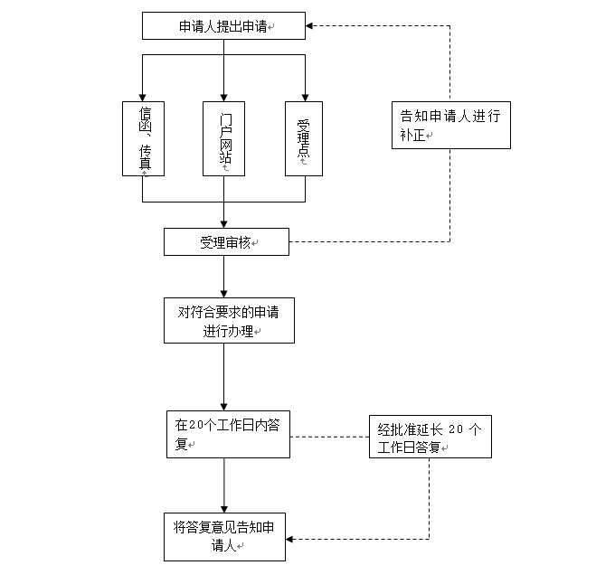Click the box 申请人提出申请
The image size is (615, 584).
(223, 26)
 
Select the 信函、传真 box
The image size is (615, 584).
(143, 138)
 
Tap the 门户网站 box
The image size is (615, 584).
(223, 138)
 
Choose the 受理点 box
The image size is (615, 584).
(303, 138)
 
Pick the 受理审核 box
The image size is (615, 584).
(226, 242)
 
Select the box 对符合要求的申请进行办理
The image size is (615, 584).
(229, 320)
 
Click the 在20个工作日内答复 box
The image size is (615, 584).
(228, 434)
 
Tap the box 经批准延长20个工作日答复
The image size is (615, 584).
(430, 437)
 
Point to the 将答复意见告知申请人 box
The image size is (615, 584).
(224, 536)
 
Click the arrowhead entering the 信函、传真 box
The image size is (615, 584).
(143, 96)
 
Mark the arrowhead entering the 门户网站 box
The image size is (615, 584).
(223, 96)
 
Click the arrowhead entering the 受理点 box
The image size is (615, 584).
(303, 96)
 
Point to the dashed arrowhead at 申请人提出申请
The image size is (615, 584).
(310, 26)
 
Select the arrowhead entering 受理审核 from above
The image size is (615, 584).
(223, 222)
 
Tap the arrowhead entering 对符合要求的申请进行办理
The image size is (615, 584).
(223, 292)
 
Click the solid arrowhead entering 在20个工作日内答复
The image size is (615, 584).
(223, 406)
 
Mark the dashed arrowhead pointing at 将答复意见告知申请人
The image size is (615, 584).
(292, 539)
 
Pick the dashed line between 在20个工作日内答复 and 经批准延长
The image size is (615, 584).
(329, 437)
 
